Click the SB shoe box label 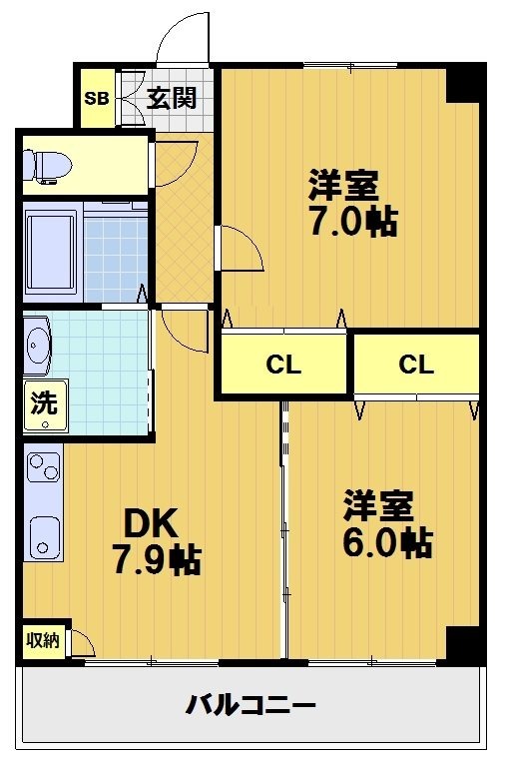click(x=97, y=98)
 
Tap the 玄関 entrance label click(x=172, y=98)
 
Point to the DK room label click(x=151, y=522)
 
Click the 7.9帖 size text click(x=156, y=560)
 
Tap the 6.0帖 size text click(x=387, y=542)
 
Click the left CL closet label click(x=283, y=365)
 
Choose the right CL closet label click(x=416, y=365)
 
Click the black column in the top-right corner click(x=463, y=83)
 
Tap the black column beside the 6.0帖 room click(x=463, y=644)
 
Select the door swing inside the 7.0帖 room click(x=241, y=248)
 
